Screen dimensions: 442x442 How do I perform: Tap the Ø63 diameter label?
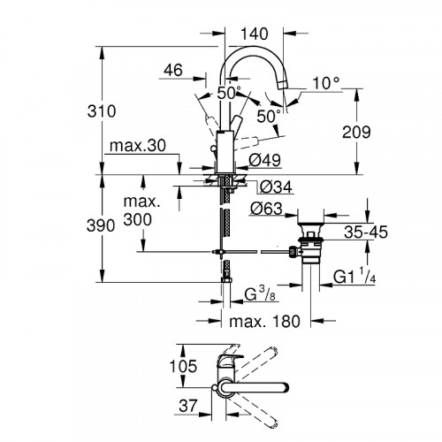click(x=266, y=211)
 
